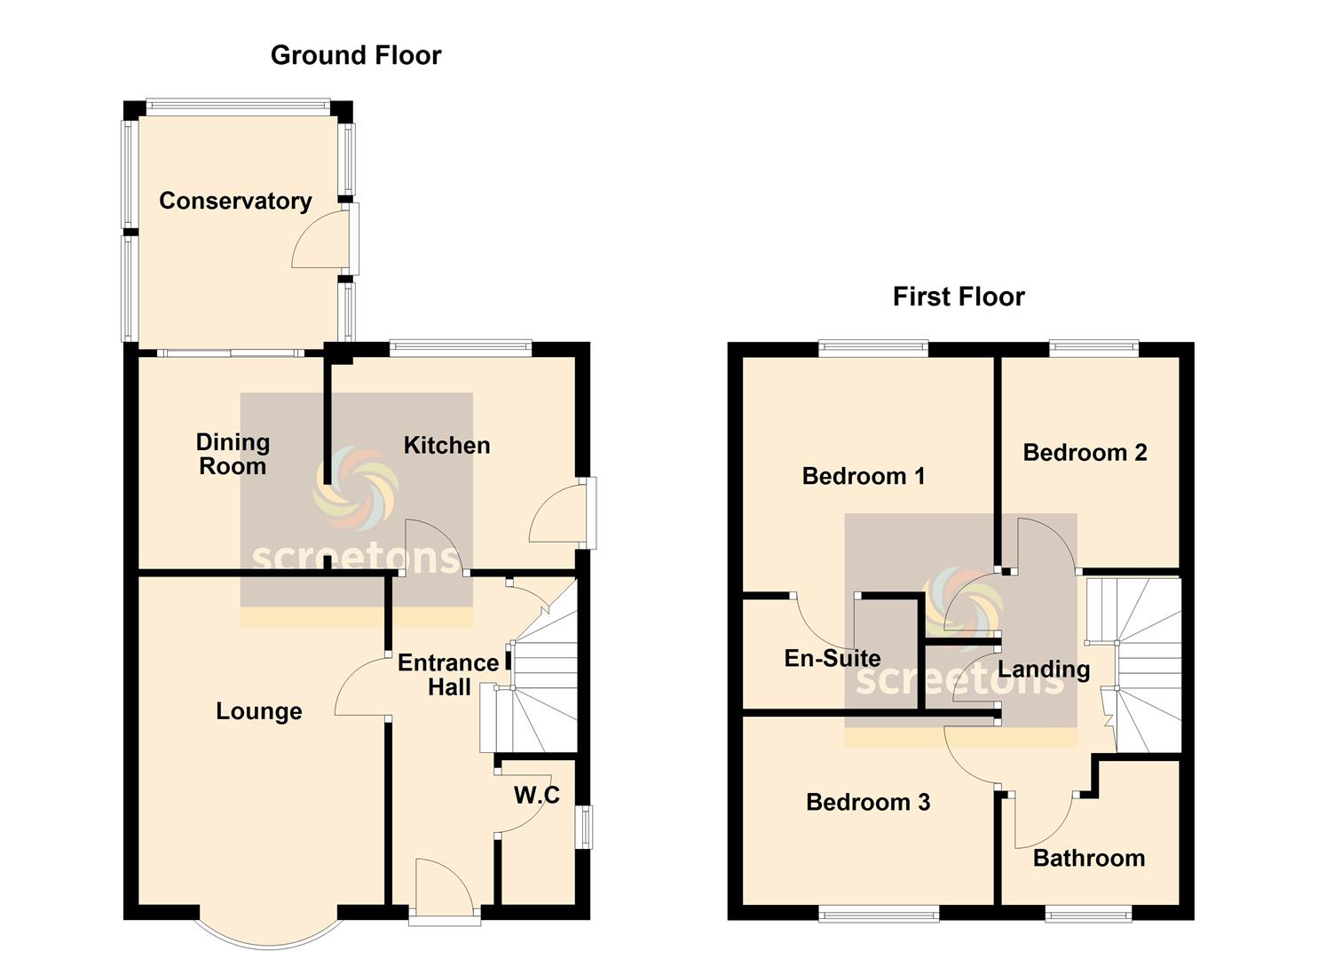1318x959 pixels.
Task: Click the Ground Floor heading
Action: pyautogui.click(x=355, y=56)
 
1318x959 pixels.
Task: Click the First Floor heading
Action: pyautogui.click(x=959, y=297)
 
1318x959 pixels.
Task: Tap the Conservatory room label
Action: pyautogui.click(x=235, y=202)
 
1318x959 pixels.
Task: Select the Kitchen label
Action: pyautogui.click(x=446, y=446)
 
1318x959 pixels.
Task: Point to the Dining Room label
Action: pyautogui.click(x=233, y=455)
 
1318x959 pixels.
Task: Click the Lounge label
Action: pyautogui.click(x=259, y=711)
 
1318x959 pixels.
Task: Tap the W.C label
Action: pyautogui.click(x=537, y=796)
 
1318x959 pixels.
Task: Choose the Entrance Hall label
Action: pyautogui.click(x=448, y=675)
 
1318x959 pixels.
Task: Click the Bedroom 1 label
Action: pyautogui.click(x=864, y=476)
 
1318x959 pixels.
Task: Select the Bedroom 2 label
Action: pyautogui.click(x=1085, y=453)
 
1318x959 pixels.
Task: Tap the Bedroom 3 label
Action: pyautogui.click(x=868, y=803)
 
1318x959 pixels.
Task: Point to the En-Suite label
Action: pyautogui.click(x=833, y=658)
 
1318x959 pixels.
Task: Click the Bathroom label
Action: pyautogui.click(x=1089, y=859)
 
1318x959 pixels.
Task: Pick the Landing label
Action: pyautogui.click(x=1044, y=670)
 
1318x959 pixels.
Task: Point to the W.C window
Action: pyautogui.click(x=584, y=827)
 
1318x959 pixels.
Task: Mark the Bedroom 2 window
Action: pyautogui.click(x=1094, y=348)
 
